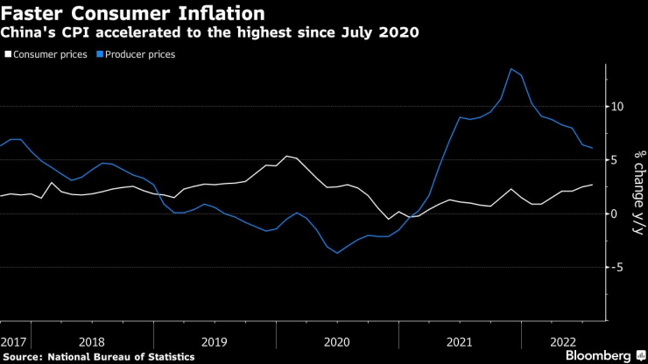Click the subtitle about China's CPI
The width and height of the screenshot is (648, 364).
[209, 33]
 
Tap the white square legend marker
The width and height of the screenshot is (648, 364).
[9, 54]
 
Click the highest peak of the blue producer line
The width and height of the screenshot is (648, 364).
[511, 68]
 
